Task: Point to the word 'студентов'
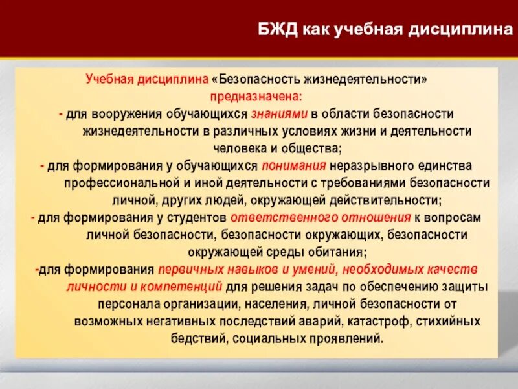202,217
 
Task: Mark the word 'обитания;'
339,252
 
